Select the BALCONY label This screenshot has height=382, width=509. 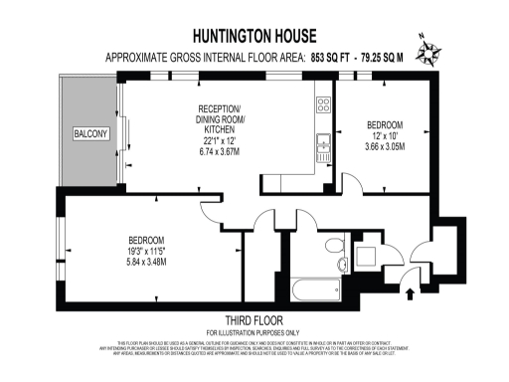[89, 133]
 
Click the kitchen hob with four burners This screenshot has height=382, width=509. [323, 102]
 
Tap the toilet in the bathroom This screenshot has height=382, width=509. [335, 243]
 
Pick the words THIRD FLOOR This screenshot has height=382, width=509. [254, 319]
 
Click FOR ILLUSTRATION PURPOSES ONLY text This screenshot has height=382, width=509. [254, 331]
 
